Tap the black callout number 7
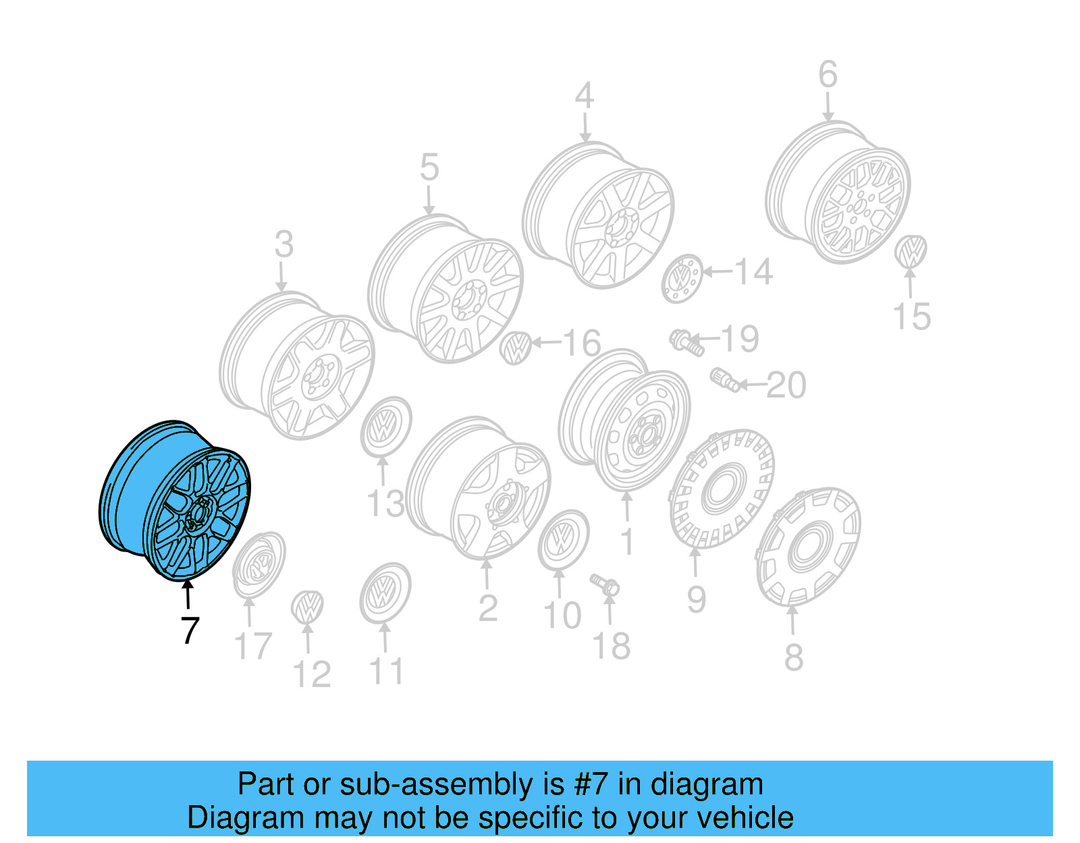point(190,631)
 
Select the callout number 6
point(828,75)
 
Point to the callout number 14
point(753,272)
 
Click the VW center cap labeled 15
point(911,251)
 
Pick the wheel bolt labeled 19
point(686,342)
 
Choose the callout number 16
point(581,344)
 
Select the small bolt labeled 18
point(605,584)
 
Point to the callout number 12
point(312,674)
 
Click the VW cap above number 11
point(385,594)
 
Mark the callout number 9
point(697,599)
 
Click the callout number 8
point(794,657)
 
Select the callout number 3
point(284,244)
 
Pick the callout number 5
point(429,167)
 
